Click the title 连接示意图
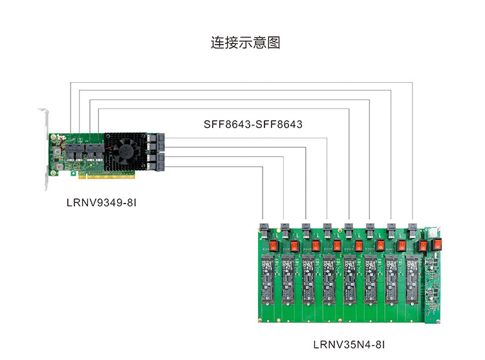point(245,43)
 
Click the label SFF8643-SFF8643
point(253,124)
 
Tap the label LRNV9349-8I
point(102,203)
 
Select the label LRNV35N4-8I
point(349,344)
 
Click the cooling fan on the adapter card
point(125,151)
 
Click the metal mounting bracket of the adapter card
point(45,148)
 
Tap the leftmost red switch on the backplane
point(274,246)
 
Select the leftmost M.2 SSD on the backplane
point(268,280)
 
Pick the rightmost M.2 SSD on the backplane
point(412,280)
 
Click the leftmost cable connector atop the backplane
point(264,231)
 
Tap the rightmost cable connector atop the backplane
point(413,231)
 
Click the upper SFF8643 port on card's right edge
point(160,142)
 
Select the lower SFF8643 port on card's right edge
point(160,162)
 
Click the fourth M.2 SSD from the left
point(329,280)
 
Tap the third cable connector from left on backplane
point(306,231)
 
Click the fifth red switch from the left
point(359,246)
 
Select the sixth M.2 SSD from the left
point(371,280)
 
